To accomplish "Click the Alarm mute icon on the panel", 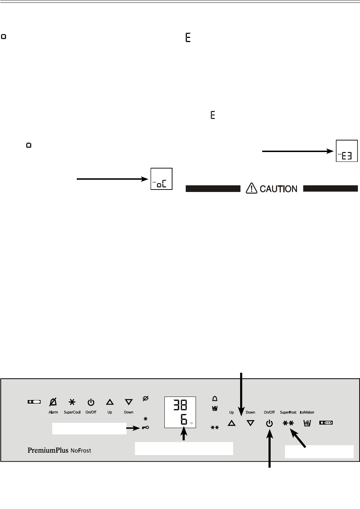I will coord(53,402).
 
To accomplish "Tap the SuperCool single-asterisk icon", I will coord(72,402).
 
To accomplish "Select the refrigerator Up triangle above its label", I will coord(110,402).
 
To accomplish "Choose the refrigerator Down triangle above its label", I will coord(129,402).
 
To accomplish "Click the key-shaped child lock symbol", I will coord(145,428).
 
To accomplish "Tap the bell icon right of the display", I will coord(215,399).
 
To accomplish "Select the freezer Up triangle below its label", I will coord(231,423).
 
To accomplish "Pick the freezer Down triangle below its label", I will coord(250,423).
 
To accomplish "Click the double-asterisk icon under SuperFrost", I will coord(288,423).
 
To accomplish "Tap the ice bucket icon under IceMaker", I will coord(307,423).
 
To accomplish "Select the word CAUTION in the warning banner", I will coord(278,189).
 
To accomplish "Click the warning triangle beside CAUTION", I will coord(251,188).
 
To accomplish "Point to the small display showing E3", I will coord(347,151).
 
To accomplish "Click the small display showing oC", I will coord(162,179).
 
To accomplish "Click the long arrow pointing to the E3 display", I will coord(298,151).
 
